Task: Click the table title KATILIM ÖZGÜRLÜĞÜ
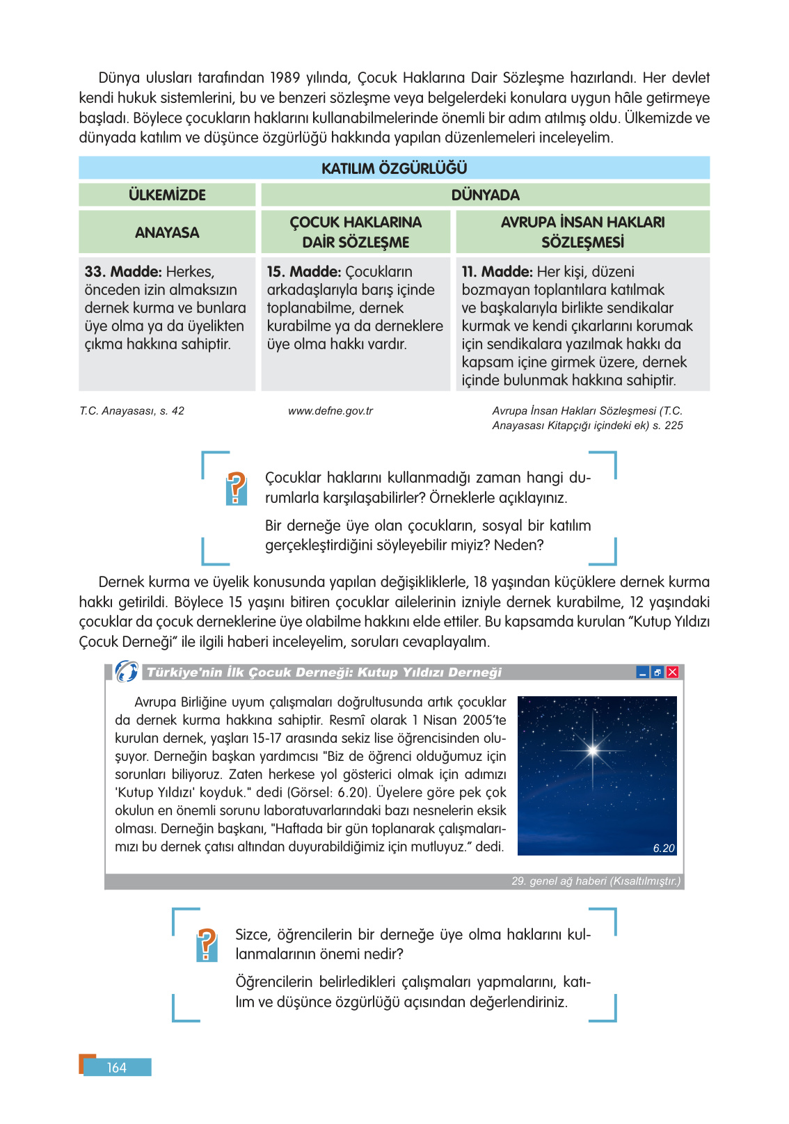394,168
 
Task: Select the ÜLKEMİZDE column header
167,195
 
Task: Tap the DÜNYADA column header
485,195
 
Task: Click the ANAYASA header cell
167,232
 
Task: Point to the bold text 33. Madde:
123,272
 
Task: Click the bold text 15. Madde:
304,272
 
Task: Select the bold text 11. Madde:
497,272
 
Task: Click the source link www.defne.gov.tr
330,411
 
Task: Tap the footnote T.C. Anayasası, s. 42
131,411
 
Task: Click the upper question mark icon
237,488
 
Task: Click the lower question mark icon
207,945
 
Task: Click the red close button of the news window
672,672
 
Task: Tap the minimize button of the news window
643,672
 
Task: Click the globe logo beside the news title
127,671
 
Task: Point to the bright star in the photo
593,750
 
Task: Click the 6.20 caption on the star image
664,848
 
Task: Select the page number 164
116,1068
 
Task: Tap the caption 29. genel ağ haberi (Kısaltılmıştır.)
596,881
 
